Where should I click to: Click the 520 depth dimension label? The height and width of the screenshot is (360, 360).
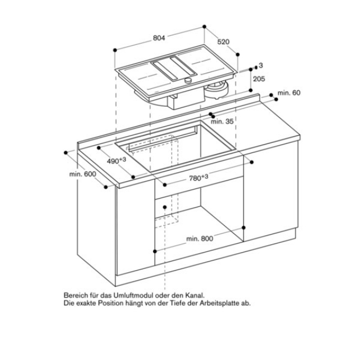[x=224, y=41]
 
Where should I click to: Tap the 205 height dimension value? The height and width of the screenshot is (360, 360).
[x=259, y=79]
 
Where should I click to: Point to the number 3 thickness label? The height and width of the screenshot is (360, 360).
[x=261, y=66]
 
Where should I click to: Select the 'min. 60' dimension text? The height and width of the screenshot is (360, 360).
[x=290, y=92]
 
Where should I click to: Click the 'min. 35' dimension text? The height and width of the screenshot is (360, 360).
[x=222, y=120]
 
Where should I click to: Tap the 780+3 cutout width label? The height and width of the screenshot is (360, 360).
[x=198, y=178]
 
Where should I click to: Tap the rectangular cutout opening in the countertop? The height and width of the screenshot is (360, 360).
[x=191, y=149]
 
